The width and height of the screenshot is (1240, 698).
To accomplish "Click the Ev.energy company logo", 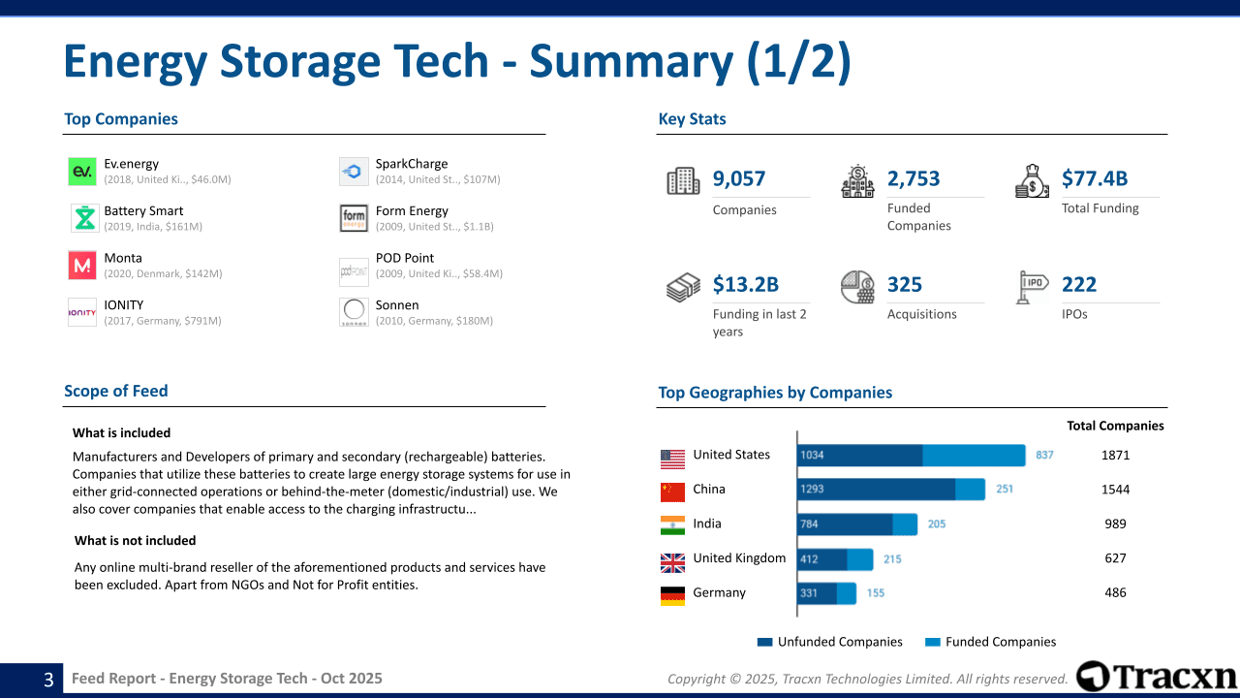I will click(82, 172).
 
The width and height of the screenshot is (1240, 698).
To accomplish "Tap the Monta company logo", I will click(82, 266).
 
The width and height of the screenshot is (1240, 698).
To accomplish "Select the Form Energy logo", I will click(354, 218).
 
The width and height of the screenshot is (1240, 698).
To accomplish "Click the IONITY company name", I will click(124, 304).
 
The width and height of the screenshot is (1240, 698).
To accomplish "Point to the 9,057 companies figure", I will click(739, 178).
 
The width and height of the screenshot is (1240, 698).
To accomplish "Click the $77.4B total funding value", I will click(1095, 178).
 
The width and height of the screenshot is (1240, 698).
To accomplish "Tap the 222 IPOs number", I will click(1079, 284).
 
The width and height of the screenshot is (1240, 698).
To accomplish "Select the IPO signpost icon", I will click(1033, 287).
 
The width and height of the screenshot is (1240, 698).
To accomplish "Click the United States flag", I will click(672, 458).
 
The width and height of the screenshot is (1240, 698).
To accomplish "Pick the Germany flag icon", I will click(672, 595).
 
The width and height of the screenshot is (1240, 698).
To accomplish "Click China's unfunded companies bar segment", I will click(876, 490).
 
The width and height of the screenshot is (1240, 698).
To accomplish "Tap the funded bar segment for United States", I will click(974, 456).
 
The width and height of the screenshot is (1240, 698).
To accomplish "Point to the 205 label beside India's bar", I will click(937, 524).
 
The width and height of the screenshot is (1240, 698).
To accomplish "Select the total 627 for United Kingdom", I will click(1115, 558).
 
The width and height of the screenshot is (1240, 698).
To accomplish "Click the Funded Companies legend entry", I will click(991, 642).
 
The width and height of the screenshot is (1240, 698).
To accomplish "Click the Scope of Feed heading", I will click(116, 391).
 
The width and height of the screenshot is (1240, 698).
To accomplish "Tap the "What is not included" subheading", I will click(136, 541).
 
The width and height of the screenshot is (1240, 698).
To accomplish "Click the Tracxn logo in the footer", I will click(1156, 677).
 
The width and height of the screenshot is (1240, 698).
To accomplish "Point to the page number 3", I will click(48, 680).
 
